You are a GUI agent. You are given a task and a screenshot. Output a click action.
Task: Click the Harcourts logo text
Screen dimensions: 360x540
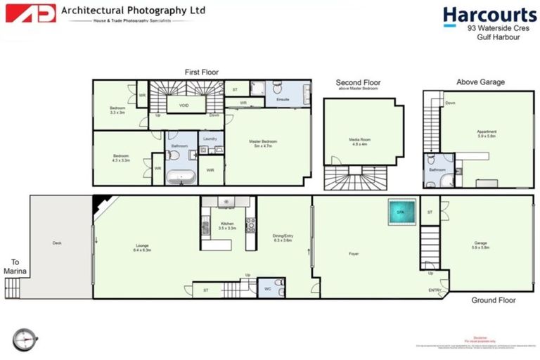(489, 15)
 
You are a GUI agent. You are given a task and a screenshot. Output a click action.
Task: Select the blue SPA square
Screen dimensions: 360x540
(401, 212)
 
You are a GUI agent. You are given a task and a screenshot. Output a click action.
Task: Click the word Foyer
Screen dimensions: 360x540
(354, 253)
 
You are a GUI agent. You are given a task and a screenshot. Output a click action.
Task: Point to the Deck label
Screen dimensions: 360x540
(58, 243)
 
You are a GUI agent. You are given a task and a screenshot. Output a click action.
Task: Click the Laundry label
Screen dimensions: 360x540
(210, 139)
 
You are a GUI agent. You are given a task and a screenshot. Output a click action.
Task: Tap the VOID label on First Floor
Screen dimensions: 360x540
(184, 105)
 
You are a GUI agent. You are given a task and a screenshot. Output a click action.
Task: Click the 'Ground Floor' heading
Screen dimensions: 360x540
(493, 300)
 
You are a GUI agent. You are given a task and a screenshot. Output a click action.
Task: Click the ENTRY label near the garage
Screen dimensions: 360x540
(435, 290)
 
